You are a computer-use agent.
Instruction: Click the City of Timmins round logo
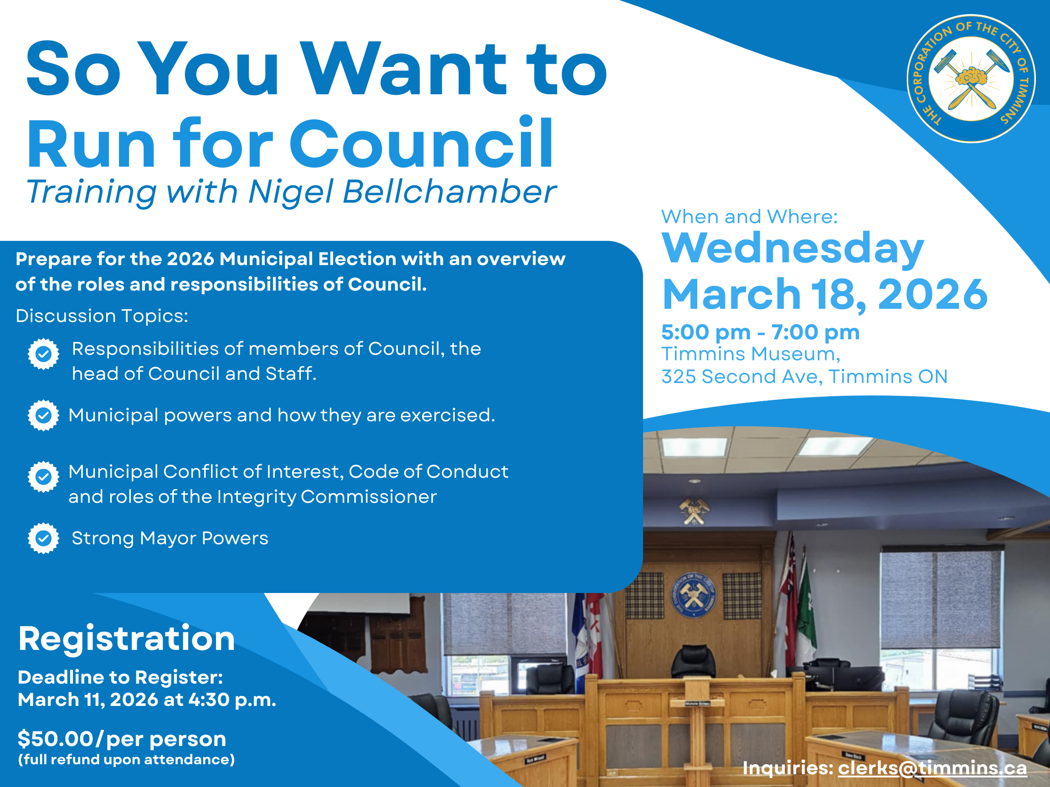coord(971,79)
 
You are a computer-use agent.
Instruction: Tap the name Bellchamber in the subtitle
coord(448,192)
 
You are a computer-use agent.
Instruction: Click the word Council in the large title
coord(421,143)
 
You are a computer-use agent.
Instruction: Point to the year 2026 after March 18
coord(933,294)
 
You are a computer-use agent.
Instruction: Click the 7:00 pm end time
coord(815,332)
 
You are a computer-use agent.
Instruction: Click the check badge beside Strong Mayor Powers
coord(44,538)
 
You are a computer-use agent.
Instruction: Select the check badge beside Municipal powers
coord(44,415)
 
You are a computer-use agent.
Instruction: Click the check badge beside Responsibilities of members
coord(44,354)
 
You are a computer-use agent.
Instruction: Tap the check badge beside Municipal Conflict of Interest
coord(44,477)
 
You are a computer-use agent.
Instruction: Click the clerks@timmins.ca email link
coord(932,768)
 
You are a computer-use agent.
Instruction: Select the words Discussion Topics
coord(102,316)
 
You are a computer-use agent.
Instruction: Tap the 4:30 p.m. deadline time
coord(232,700)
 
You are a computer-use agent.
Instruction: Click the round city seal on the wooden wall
coord(693,595)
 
